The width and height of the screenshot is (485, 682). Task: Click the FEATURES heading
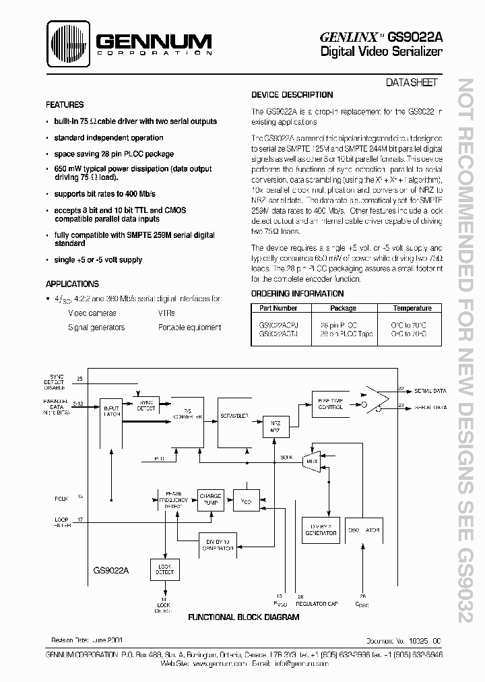pos(65,105)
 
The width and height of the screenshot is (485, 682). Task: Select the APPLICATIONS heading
pos(72,284)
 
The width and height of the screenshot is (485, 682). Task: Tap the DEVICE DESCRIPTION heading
pos(292,95)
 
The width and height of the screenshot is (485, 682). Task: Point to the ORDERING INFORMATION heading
pos(297,294)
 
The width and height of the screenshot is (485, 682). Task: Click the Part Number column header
pos(278,308)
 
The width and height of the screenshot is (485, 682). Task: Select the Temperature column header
pos(412,308)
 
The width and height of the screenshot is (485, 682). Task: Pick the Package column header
pos(344,308)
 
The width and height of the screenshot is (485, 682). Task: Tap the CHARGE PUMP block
pos(209,499)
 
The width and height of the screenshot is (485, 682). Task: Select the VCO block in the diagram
pos(245,500)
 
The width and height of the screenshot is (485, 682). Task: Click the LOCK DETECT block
pos(164,569)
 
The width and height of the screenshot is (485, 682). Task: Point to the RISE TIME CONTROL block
pos(331,403)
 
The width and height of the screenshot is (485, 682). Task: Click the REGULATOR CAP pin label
pos(317,604)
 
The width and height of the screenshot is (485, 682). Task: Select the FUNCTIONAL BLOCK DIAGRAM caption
pos(243,617)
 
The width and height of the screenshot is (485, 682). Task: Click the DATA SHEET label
pos(412,82)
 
